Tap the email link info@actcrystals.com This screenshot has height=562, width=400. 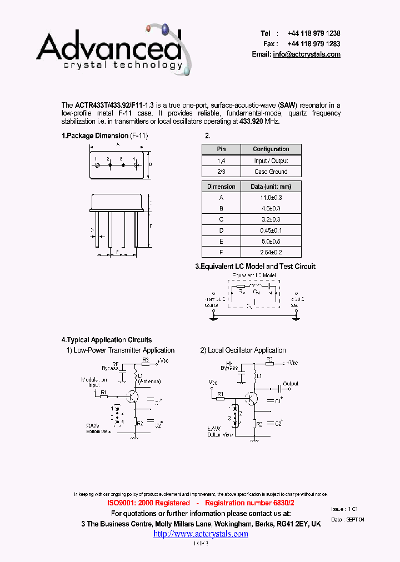[307, 54]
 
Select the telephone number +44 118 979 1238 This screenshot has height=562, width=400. [314, 33]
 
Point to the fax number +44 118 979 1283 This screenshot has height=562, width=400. [314, 44]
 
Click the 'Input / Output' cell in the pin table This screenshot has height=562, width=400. [271, 160]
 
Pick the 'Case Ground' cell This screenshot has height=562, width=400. [271, 172]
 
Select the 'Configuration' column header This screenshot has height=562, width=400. [271, 149]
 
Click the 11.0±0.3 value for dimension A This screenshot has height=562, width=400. [271, 198]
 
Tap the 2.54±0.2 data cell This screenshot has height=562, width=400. [271, 253]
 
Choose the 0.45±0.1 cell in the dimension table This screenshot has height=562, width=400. [271, 230]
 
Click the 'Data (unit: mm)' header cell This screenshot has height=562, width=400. [271, 187]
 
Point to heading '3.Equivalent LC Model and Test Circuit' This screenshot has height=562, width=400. [255, 267]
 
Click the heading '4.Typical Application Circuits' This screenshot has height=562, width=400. [106, 340]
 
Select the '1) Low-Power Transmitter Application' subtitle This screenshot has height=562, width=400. [121, 350]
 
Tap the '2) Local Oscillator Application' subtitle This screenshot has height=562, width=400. [243, 350]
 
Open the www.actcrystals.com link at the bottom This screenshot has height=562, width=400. [201, 534]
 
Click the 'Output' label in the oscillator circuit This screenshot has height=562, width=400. [291, 384]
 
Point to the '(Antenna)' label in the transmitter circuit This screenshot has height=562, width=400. [151, 382]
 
